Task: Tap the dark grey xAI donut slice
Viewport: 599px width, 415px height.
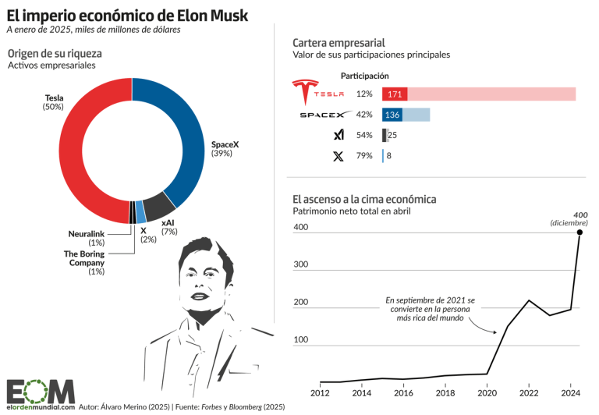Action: pyautogui.click(x=161, y=206)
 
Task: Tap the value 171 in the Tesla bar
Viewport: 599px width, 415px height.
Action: pyautogui.click(x=395, y=94)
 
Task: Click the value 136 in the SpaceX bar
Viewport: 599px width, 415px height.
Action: pyautogui.click(x=393, y=115)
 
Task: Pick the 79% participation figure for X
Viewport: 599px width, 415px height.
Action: pyautogui.click(x=364, y=156)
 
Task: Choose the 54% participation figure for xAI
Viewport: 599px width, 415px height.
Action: pyautogui.click(x=364, y=136)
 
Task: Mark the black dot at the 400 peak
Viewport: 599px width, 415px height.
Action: pyautogui.click(x=580, y=232)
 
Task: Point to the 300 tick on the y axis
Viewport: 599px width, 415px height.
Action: pyautogui.click(x=301, y=265)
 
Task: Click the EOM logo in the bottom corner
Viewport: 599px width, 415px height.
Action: pyautogui.click(x=41, y=392)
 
